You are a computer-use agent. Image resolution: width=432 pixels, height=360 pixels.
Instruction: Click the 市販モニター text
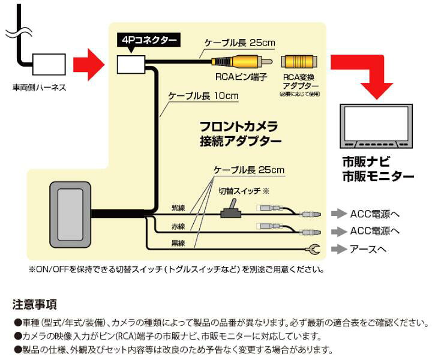click(x=377, y=176)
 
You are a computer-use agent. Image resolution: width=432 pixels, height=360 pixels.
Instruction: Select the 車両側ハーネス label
click(x=39, y=88)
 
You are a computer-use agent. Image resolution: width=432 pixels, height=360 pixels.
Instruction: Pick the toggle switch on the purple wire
click(x=230, y=209)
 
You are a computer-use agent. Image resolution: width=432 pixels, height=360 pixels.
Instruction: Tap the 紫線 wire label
click(x=178, y=208)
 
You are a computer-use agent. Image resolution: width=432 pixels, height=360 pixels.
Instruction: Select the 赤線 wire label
click(x=178, y=227)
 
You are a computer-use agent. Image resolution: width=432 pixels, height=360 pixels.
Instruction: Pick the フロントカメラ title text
click(x=238, y=127)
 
